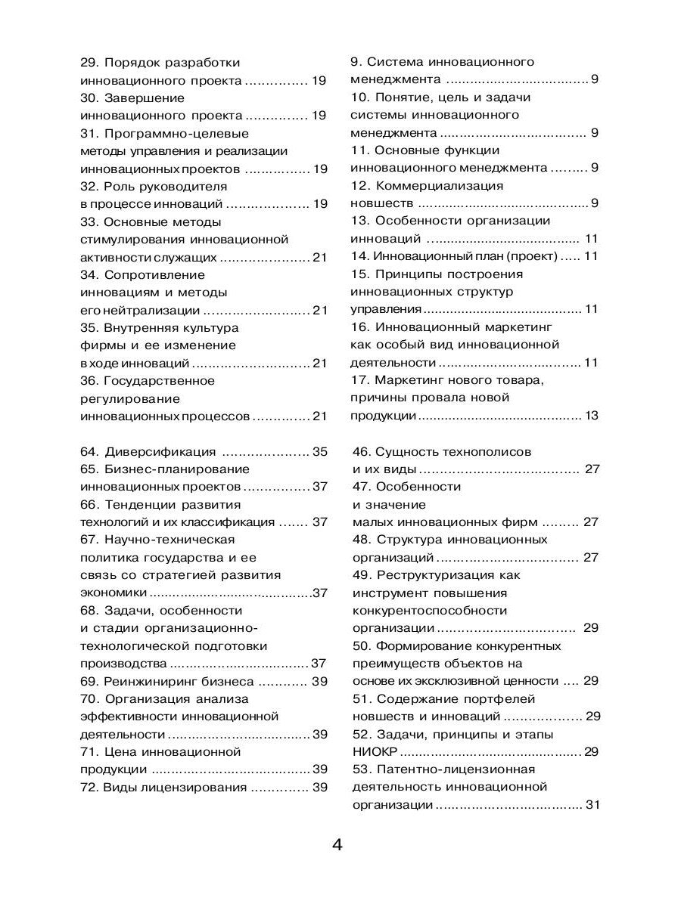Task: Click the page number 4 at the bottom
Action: pyautogui.click(x=337, y=845)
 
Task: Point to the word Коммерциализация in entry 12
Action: pyautogui.click(x=439, y=185)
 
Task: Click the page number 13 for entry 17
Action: pyautogui.click(x=591, y=415)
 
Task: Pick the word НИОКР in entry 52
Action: pyautogui.click(x=375, y=751)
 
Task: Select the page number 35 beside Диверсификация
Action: pyautogui.click(x=319, y=452)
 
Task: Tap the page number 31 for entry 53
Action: pyautogui.click(x=592, y=805)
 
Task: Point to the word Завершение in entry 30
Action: pyautogui.click(x=144, y=98)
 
